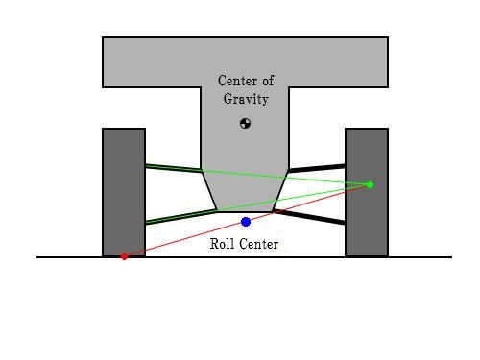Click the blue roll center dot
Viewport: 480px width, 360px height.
[x=246, y=222]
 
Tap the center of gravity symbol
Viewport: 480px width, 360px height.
[x=245, y=123]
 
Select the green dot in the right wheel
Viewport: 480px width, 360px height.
[x=371, y=184]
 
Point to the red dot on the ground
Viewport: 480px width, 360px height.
[x=124, y=256]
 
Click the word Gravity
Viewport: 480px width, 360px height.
[x=246, y=99]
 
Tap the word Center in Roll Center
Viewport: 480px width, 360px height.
[x=259, y=244]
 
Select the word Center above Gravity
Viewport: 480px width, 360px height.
[x=237, y=81]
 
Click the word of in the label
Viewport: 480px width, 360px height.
[x=268, y=81]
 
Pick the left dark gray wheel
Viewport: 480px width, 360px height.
[x=124, y=192]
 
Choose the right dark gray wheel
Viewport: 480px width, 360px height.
[x=367, y=192]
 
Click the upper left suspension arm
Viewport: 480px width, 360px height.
[x=174, y=168]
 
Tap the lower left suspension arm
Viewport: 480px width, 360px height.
[x=181, y=217]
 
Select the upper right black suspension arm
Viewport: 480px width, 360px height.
[x=317, y=168]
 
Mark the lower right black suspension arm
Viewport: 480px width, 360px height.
[x=309, y=217]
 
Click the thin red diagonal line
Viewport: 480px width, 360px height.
[x=247, y=221]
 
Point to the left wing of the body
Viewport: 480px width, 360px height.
[x=152, y=62]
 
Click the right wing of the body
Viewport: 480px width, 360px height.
[x=339, y=62]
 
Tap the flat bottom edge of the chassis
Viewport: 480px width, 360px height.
[x=245, y=211]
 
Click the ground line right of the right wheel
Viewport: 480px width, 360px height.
[x=420, y=256]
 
